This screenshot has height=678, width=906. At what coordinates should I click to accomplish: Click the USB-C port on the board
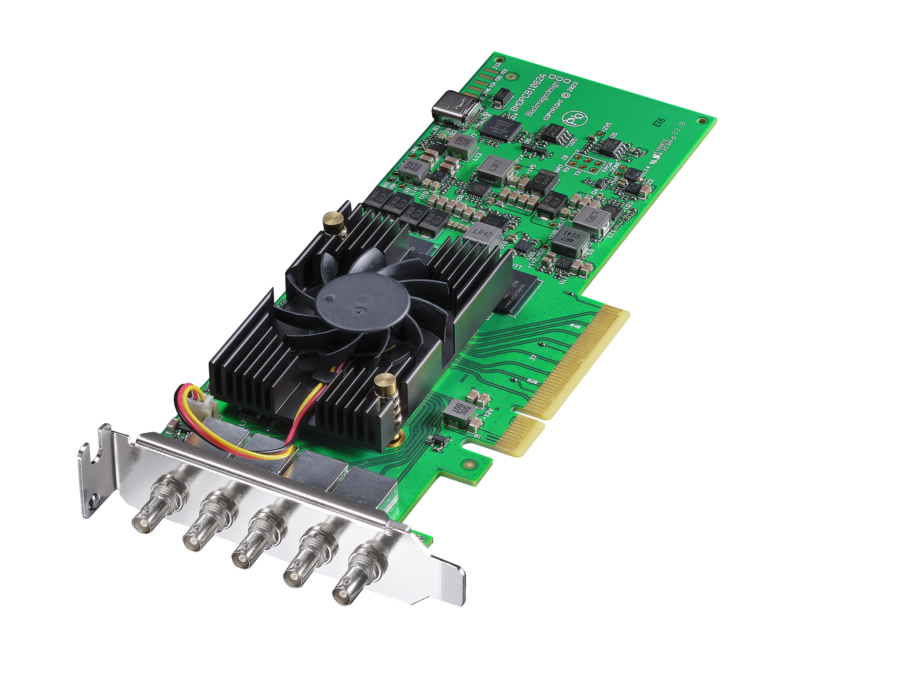(x=456, y=108)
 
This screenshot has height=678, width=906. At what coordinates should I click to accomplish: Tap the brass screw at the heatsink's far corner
(x=334, y=223)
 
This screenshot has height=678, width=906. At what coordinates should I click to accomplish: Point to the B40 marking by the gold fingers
(x=575, y=326)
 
